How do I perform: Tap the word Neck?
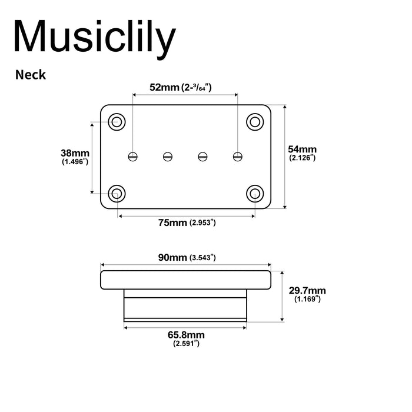pyautogui.click(x=31, y=75)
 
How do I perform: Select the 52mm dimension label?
pyautogui.click(x=164, y=88)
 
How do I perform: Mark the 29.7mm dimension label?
pyautogui.click(x=307, y=291)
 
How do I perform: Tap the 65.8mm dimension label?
pyautogui.click(x=186, y=335)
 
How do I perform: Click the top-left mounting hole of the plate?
pyautogui.click(x=117, y=122)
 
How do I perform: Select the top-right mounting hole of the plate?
pyautogui.click(x=255, y=122)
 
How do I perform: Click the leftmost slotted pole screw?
pyautogui.click(x=134, y=156)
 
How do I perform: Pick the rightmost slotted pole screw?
pyautogui.click(x=238, y=156)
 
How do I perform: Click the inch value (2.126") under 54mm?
pyautogui.click(x=303, y=158)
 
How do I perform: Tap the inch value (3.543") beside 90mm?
pyautogui.click(x=202, y=258)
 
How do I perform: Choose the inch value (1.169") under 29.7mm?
pyautogui.click(x=307, y=300)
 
